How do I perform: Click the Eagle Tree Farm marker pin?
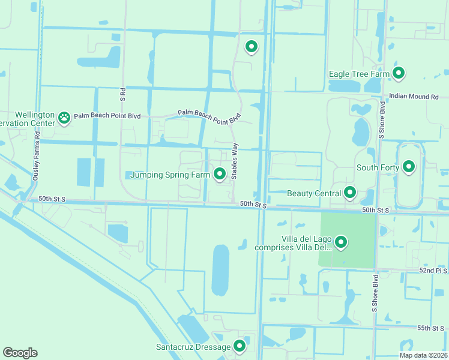[x=399, y=73]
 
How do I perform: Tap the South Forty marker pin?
[x=409, y=166]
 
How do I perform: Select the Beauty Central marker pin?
[x=349, y=193]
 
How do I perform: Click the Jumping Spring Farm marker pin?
[x=220, y=174]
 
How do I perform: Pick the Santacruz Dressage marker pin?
[x=240, y=346]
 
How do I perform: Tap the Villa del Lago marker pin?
[x=341, y=242]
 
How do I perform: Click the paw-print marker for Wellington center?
[x=64, y=118]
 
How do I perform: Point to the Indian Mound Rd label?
[x=414, y=96]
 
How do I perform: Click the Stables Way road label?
[x=235, y=161]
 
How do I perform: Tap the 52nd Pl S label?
[x=433, y=271]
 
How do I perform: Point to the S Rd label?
[x=122, y=93]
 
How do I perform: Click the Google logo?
[x=20, y=353]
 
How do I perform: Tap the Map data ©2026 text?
[x=423, y=355]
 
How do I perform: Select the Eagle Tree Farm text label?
[x=355, y=74]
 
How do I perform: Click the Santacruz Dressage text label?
[x=193, y=347]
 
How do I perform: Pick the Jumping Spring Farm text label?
[x=172, y=175]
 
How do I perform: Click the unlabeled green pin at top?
[x=252, y=46]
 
